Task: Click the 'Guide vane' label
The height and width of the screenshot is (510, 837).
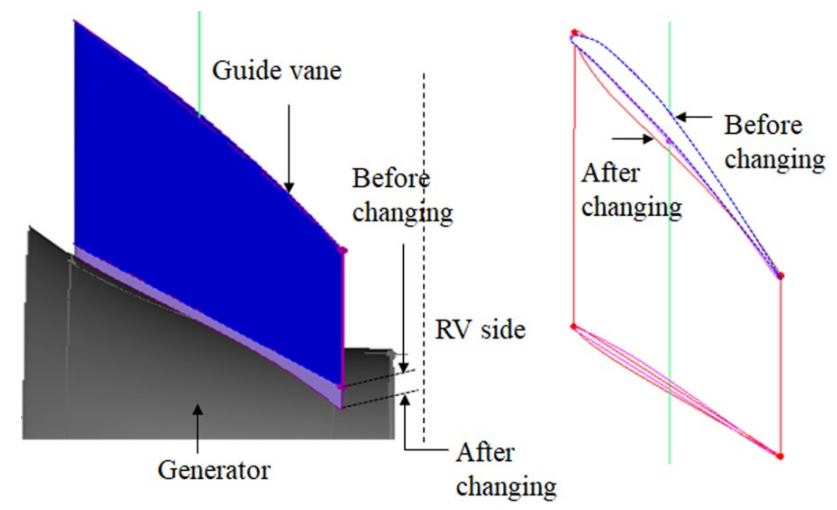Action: [x=277, y=71]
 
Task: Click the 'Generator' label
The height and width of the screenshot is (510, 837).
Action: [x=214, y=470]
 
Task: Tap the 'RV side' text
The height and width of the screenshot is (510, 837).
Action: [x=480, y=330]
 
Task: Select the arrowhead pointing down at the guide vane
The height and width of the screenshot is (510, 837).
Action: [x=289, y=187]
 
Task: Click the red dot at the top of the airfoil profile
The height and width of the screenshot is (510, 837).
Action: [x=574, y=33]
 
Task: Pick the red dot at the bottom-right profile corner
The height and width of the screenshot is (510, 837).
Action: [x=780, y=456]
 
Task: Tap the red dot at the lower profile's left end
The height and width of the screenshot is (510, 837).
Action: [x=574, y=327]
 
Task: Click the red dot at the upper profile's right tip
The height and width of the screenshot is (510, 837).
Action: [x=781, y=275]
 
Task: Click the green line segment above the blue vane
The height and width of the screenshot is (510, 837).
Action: [x=199, y=61]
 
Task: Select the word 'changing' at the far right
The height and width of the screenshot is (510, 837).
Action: [x=774, y=159]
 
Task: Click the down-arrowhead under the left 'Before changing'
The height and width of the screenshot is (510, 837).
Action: [x=403, y=368]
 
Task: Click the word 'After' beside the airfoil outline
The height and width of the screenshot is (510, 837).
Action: [x=611, y=174]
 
